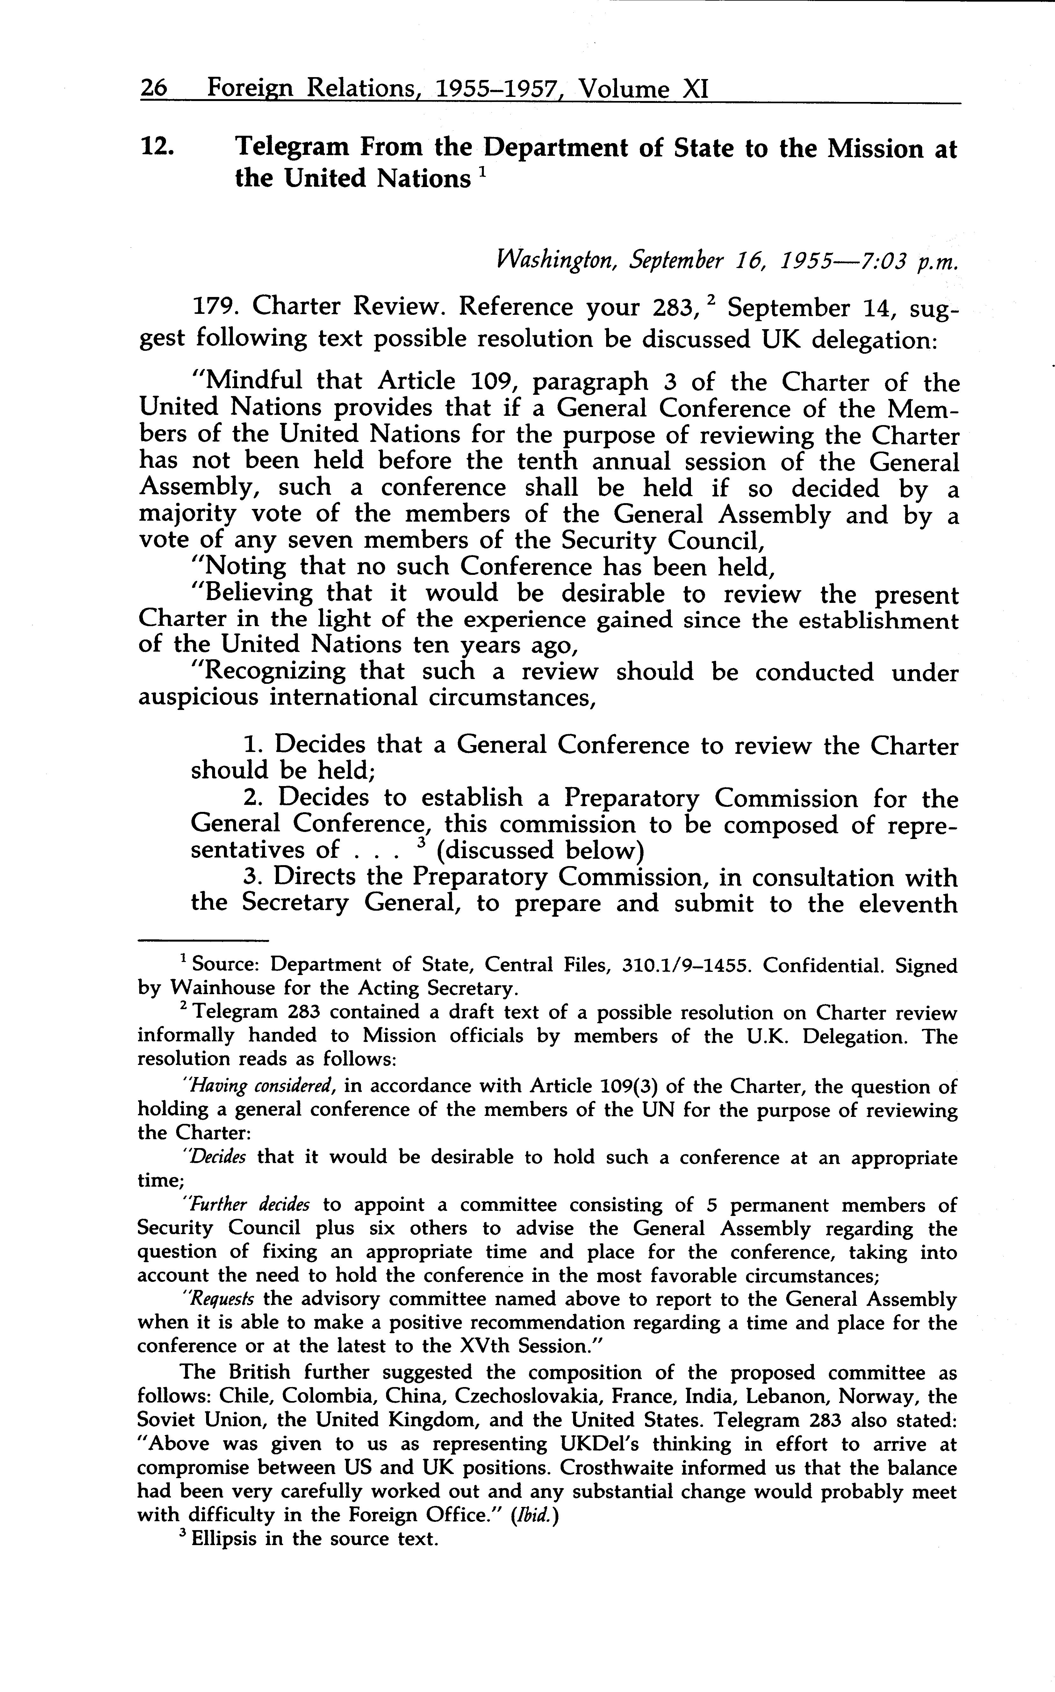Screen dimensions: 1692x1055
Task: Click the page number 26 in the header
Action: tap(154, 89)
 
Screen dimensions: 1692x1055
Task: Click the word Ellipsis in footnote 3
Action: tap(223, 1538)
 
